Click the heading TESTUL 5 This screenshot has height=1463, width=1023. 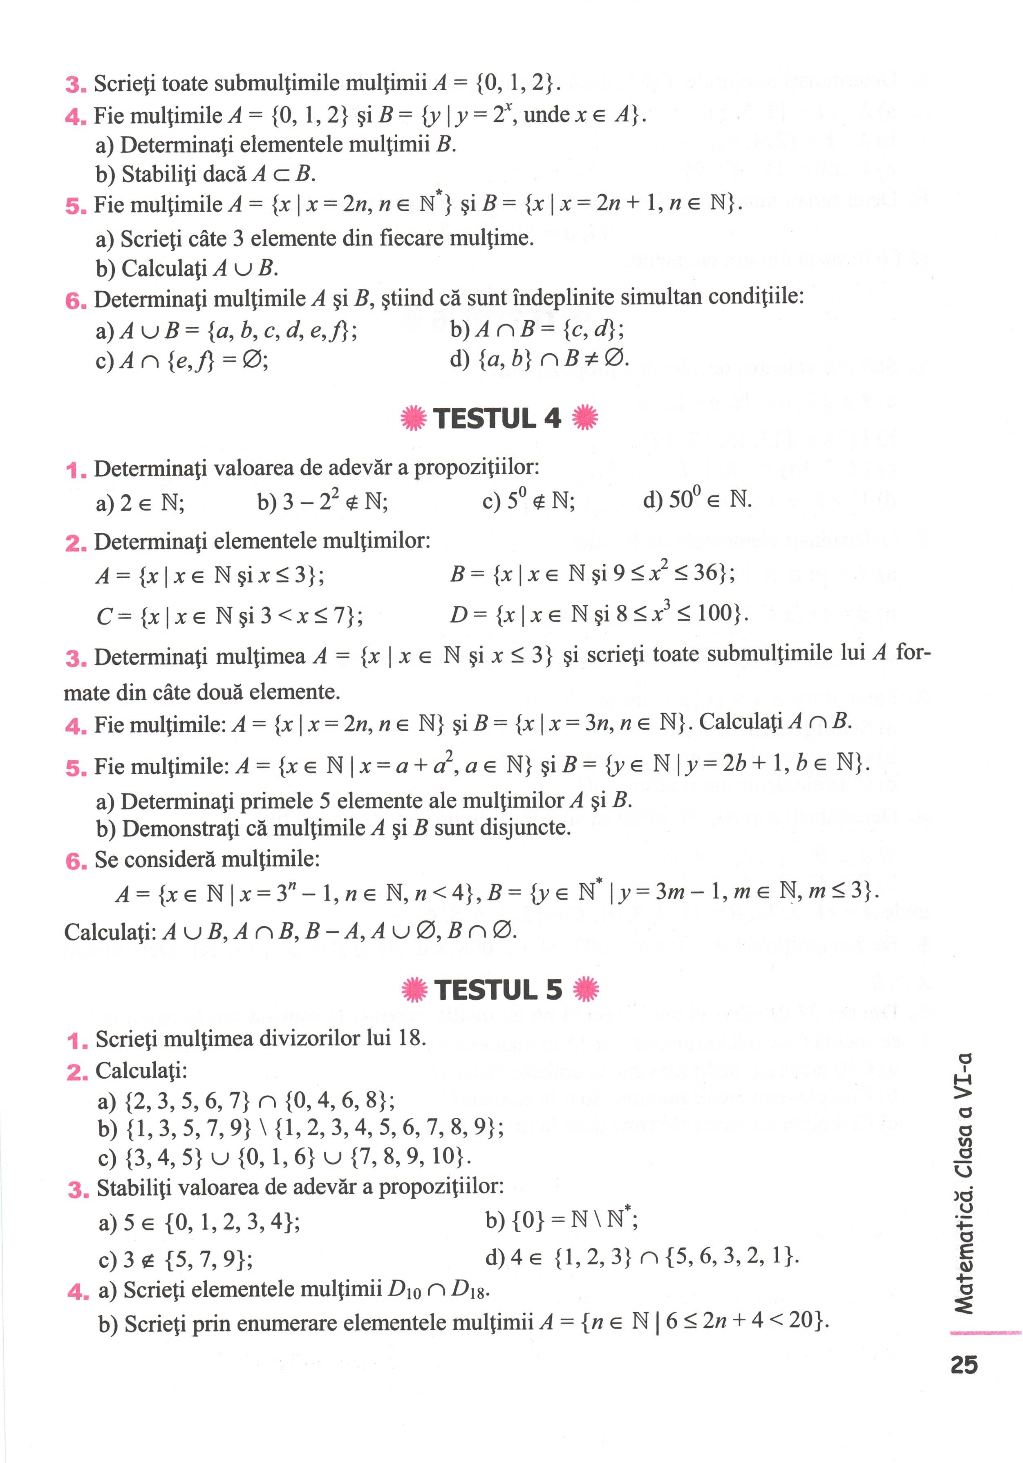coord(498,989)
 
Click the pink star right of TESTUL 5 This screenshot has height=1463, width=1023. coord(586,989)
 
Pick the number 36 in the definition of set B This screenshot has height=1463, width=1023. coord(706,572)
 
